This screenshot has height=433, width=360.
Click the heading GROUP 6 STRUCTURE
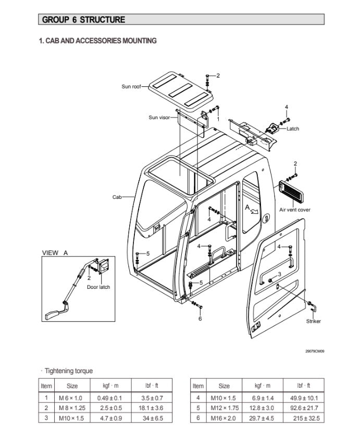pyautogui.click(x=83, y=20)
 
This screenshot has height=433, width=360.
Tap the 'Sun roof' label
pyautogui.click(x=131, y=86)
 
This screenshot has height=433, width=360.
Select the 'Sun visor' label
pyautogui.click(x=159, y=118)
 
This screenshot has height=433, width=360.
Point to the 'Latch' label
pyautogui.click(x=293, y=129)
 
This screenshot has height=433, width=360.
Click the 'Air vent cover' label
pyautogui.click(x=295, y=210)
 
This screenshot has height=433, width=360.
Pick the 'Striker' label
pyautogui.click(x=314, y=321)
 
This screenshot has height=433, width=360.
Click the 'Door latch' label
pyautogui.click(x=98, y=287)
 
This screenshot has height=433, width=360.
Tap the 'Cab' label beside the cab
pyautogui.click(x=117, y=197)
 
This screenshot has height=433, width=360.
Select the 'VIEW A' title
pyautogui.click(x=55, y=253)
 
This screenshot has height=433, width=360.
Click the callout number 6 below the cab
pyautogui.click(x=200, y=319)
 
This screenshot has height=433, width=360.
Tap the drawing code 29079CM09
pyautogui.click(x=315, y=351)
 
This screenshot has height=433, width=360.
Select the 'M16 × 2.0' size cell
pyautogui.click(x=224, y=418)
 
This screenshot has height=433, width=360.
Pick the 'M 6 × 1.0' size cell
pyautogui.click(x=71, y=398)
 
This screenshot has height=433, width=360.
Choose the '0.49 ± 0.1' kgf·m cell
pyautogui.click(x=110, y=398)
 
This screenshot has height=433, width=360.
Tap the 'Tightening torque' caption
pyautogui.click(x=69, y=371)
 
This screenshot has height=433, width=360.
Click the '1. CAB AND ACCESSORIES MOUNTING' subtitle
pyautogui.click(x=98, y=41)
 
